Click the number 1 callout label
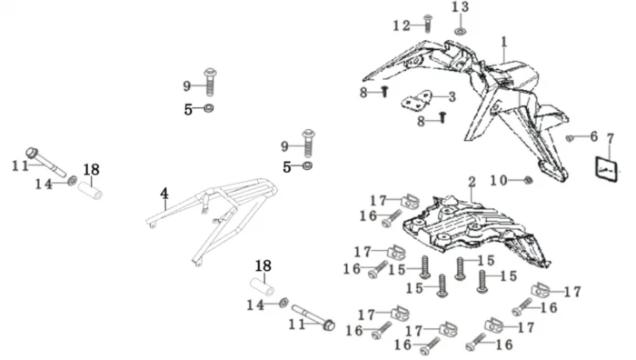click(504, 42)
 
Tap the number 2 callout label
click(472, 182)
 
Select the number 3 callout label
click(452, 96)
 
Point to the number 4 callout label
click(164, 194)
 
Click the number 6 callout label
click(594, 136)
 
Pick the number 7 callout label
click(611, 139)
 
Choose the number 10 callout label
click(499, 180)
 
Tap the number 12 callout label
click(402, 25)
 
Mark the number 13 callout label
click(461, 7)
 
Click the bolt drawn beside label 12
click(428, 24)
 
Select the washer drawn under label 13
click(460, 31)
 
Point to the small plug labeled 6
click(570, 138)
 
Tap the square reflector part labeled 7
click(606, 169)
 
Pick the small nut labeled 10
click(528, 180)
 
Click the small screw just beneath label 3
click(443, 117)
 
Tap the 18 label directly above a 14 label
click(263, 266)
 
